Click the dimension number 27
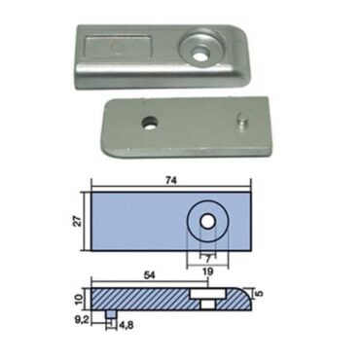tap(86, 224)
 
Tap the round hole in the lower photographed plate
tap(149, 124)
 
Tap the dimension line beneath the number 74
tap(171, 188)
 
